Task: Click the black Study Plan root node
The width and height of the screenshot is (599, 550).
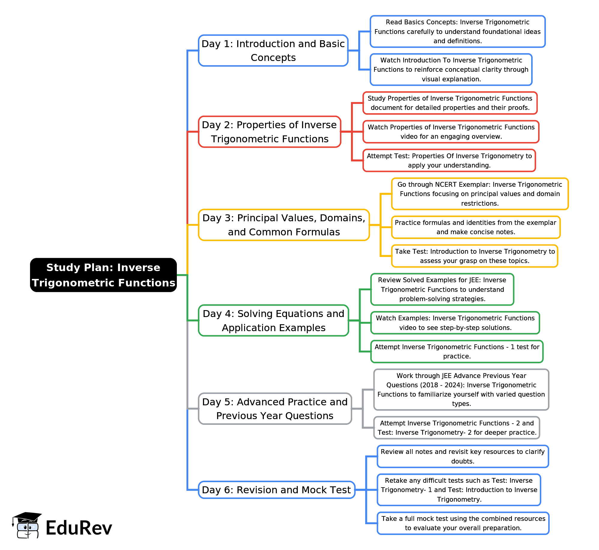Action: [103, 275]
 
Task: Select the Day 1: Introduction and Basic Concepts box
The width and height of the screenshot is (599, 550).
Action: [273, 50]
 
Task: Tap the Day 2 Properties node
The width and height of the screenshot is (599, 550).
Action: [270, 132]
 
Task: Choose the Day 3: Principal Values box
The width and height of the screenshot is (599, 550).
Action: [284, 225]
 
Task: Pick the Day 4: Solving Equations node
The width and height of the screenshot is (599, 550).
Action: [274, 321]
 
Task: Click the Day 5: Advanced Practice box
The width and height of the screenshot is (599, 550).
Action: [275, 409]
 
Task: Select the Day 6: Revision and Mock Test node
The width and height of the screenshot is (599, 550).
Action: [277, 490]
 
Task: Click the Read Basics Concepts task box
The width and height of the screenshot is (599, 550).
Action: [458, 32]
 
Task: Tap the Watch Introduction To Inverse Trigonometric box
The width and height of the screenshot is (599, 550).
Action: [451, 70]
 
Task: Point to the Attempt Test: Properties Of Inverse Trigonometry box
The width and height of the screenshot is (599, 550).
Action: [449, 161]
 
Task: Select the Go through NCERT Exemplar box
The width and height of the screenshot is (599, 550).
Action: [480, 194]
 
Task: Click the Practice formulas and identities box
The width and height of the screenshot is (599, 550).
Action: [476, 227]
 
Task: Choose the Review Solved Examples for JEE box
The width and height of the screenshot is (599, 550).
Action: [442, 289]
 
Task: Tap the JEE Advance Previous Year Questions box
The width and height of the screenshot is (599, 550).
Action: [461, 390]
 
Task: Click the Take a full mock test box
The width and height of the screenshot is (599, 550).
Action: [463, 523]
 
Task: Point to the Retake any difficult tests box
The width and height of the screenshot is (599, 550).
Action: [459, 490]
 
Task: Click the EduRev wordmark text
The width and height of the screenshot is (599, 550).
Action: [79, 528]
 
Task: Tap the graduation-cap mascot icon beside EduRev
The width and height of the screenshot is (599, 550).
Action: [26, 525]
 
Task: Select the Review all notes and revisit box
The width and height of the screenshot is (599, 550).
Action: [463, 457]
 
